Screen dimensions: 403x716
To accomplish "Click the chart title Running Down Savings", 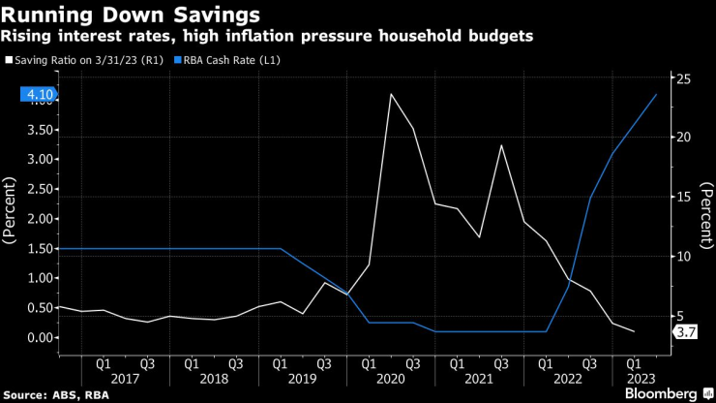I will click(x=132, y=15).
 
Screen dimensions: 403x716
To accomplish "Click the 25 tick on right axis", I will click(x=682, y=77).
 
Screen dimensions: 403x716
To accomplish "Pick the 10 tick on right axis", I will click(x=682, y=257).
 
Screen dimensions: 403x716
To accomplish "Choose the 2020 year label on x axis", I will click(x=390, y=380).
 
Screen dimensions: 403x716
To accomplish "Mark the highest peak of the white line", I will click(x=390, y=94).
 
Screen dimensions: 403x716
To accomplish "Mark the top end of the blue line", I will click(x=657, y=94).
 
